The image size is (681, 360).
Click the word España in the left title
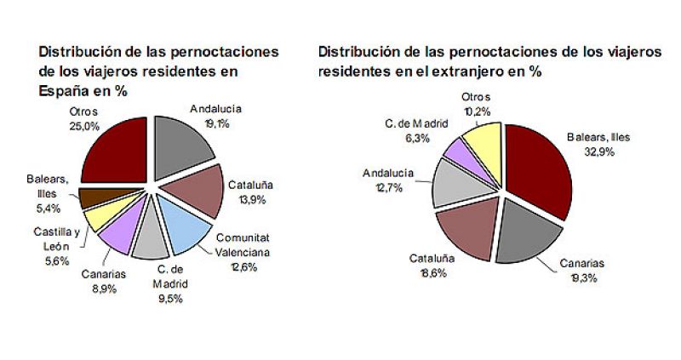(x=66, y=89)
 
